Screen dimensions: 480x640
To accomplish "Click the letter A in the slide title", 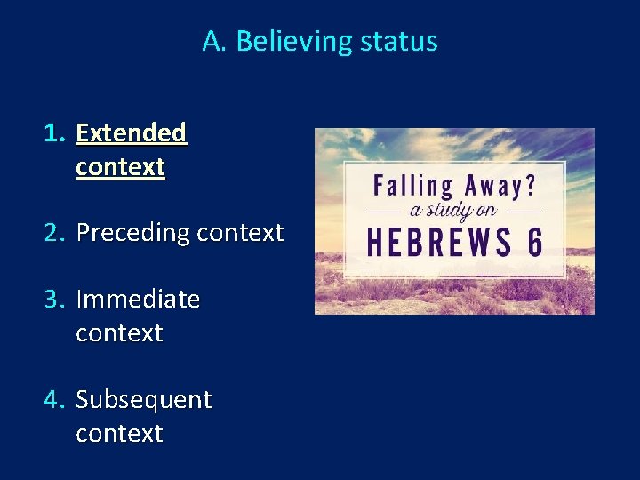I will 212,42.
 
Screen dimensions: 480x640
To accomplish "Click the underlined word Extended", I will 131,133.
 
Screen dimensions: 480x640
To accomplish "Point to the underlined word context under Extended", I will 120,167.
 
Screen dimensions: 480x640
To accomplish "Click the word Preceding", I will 132,234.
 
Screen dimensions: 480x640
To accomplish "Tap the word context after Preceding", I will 239,233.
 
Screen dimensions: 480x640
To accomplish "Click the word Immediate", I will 138,300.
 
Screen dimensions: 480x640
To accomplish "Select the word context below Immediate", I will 120,333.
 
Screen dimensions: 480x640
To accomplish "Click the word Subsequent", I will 144,401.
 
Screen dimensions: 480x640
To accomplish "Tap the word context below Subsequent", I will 120,434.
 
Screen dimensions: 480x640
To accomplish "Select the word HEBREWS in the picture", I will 438,242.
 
